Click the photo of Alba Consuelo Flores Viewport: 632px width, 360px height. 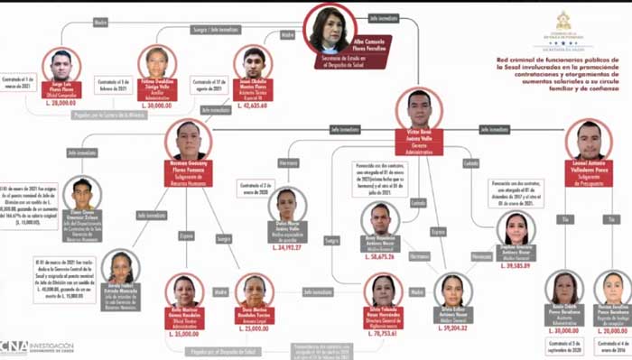coord(330,29)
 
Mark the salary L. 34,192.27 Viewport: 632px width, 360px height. coord(288,246)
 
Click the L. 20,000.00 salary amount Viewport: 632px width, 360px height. coord(613,332)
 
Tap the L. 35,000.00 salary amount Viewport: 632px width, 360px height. coord(186,333)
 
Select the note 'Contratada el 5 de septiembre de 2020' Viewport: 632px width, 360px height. coord(563,345)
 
